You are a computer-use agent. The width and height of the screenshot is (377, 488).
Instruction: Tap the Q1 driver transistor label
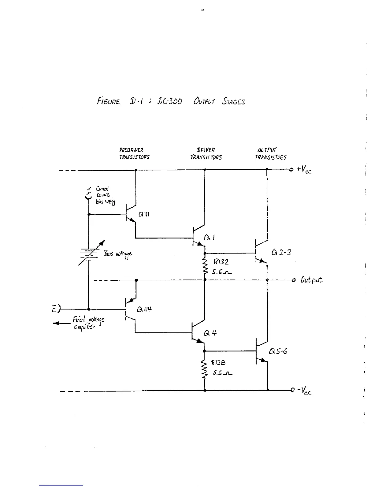(209, 237)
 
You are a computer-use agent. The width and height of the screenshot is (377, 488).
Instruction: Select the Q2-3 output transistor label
(281, 253)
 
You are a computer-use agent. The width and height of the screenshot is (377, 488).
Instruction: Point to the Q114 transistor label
(144, 309)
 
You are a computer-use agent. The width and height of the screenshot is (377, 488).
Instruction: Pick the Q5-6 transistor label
(278, 351)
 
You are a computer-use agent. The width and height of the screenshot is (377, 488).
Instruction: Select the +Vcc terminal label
(304, 169)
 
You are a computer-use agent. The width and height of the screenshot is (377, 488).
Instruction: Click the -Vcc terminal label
(304, 391)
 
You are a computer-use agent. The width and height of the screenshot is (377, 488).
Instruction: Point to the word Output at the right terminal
(311, 280)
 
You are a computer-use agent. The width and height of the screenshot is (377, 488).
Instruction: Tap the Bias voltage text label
(118, 254)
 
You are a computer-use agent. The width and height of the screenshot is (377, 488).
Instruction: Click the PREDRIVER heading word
(131, 150)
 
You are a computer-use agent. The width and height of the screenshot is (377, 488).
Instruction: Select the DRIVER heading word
(206, 150)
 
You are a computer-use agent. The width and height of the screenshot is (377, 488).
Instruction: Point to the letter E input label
(54, 308)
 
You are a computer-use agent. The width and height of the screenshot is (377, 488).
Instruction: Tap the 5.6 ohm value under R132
(221, 272)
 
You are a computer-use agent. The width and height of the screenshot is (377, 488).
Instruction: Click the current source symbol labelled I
(88, 196)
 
